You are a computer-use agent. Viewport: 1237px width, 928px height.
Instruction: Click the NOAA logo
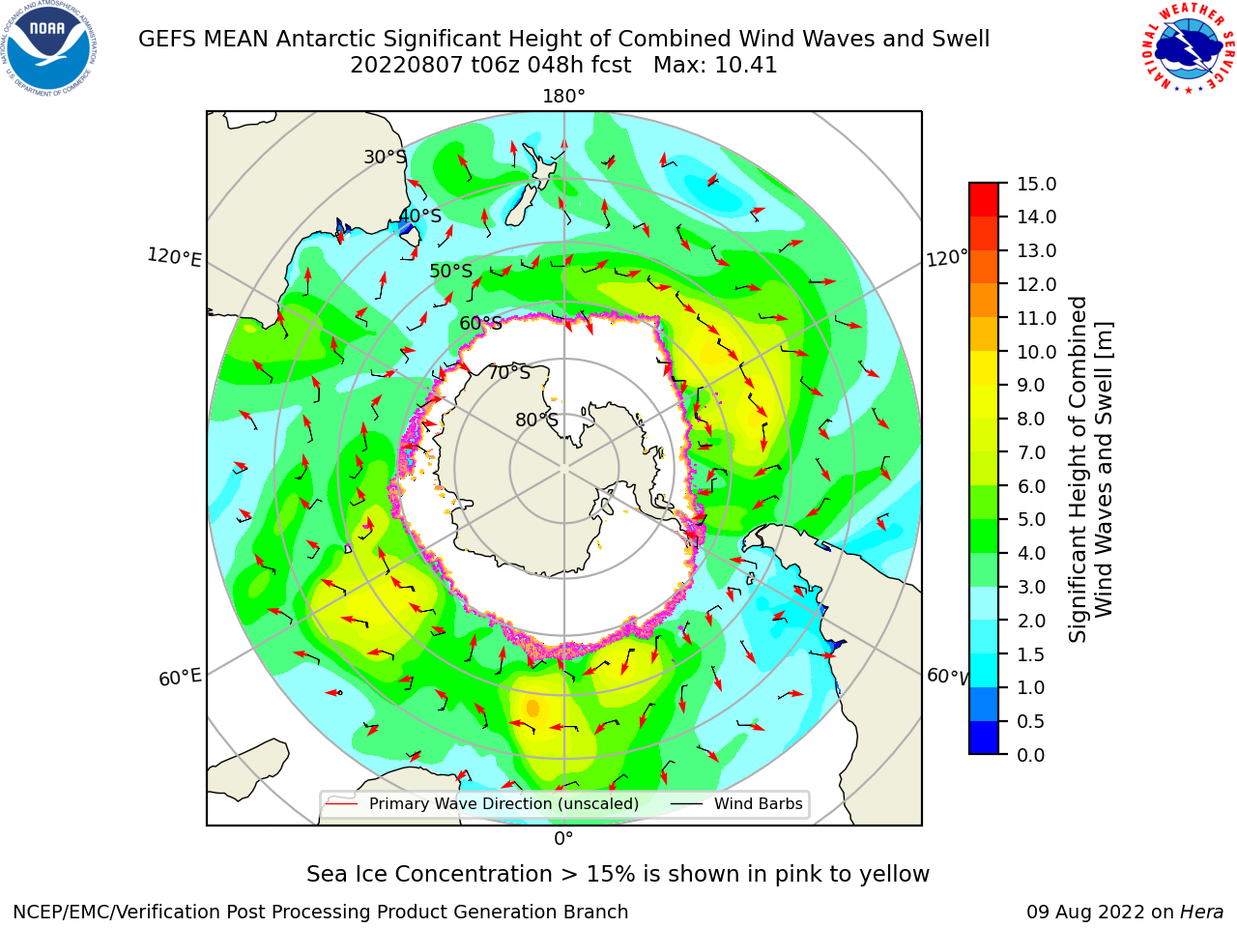coord(49,48)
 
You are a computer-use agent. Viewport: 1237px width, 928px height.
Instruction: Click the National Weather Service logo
coord(1187,47)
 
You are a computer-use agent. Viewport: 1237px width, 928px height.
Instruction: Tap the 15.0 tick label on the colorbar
coord(1036,184)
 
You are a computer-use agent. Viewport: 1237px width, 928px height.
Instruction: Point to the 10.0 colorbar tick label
coord(1036,352)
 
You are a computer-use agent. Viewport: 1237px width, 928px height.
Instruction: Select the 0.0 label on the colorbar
coord(1031,755)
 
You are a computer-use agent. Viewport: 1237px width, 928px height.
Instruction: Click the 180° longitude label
coord(563,97)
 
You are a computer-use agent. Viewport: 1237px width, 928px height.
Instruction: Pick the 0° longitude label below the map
coord(563,839)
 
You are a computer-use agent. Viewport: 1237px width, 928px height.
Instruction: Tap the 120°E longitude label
coord(174,257)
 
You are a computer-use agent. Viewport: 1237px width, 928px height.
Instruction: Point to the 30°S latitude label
coord(385,157)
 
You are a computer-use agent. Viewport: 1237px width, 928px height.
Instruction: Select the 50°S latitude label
coord(451,271)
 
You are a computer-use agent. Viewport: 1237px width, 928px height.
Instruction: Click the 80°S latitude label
coord(536,420)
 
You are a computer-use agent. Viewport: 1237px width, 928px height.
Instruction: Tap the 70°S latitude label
coord(509,372)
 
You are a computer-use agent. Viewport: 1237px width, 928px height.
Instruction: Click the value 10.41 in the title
coord(745,66)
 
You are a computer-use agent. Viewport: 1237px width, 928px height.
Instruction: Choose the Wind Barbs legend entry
coord(738,803)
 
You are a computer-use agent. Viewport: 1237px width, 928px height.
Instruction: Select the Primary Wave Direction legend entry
coord(483,803)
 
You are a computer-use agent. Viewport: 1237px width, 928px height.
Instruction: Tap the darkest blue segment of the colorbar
coord(984,738)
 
